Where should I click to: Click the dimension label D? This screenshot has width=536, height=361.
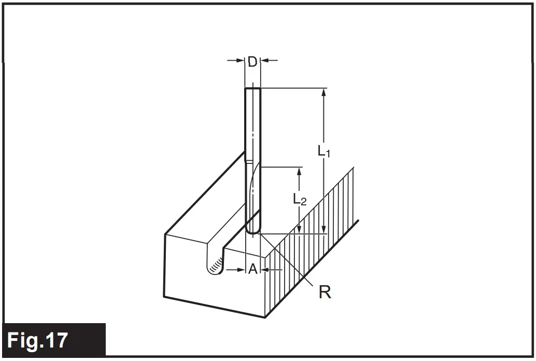[x=252, y=62]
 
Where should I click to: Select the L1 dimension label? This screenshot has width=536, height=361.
[x=324, y=151]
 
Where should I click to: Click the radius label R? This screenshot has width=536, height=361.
[x=325, y=293]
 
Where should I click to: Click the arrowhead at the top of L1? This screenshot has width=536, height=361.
[x=324, y=93]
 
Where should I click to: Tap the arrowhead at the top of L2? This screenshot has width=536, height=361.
[x=300, y=172]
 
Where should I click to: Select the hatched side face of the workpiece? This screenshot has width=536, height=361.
[x=311, y=244]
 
